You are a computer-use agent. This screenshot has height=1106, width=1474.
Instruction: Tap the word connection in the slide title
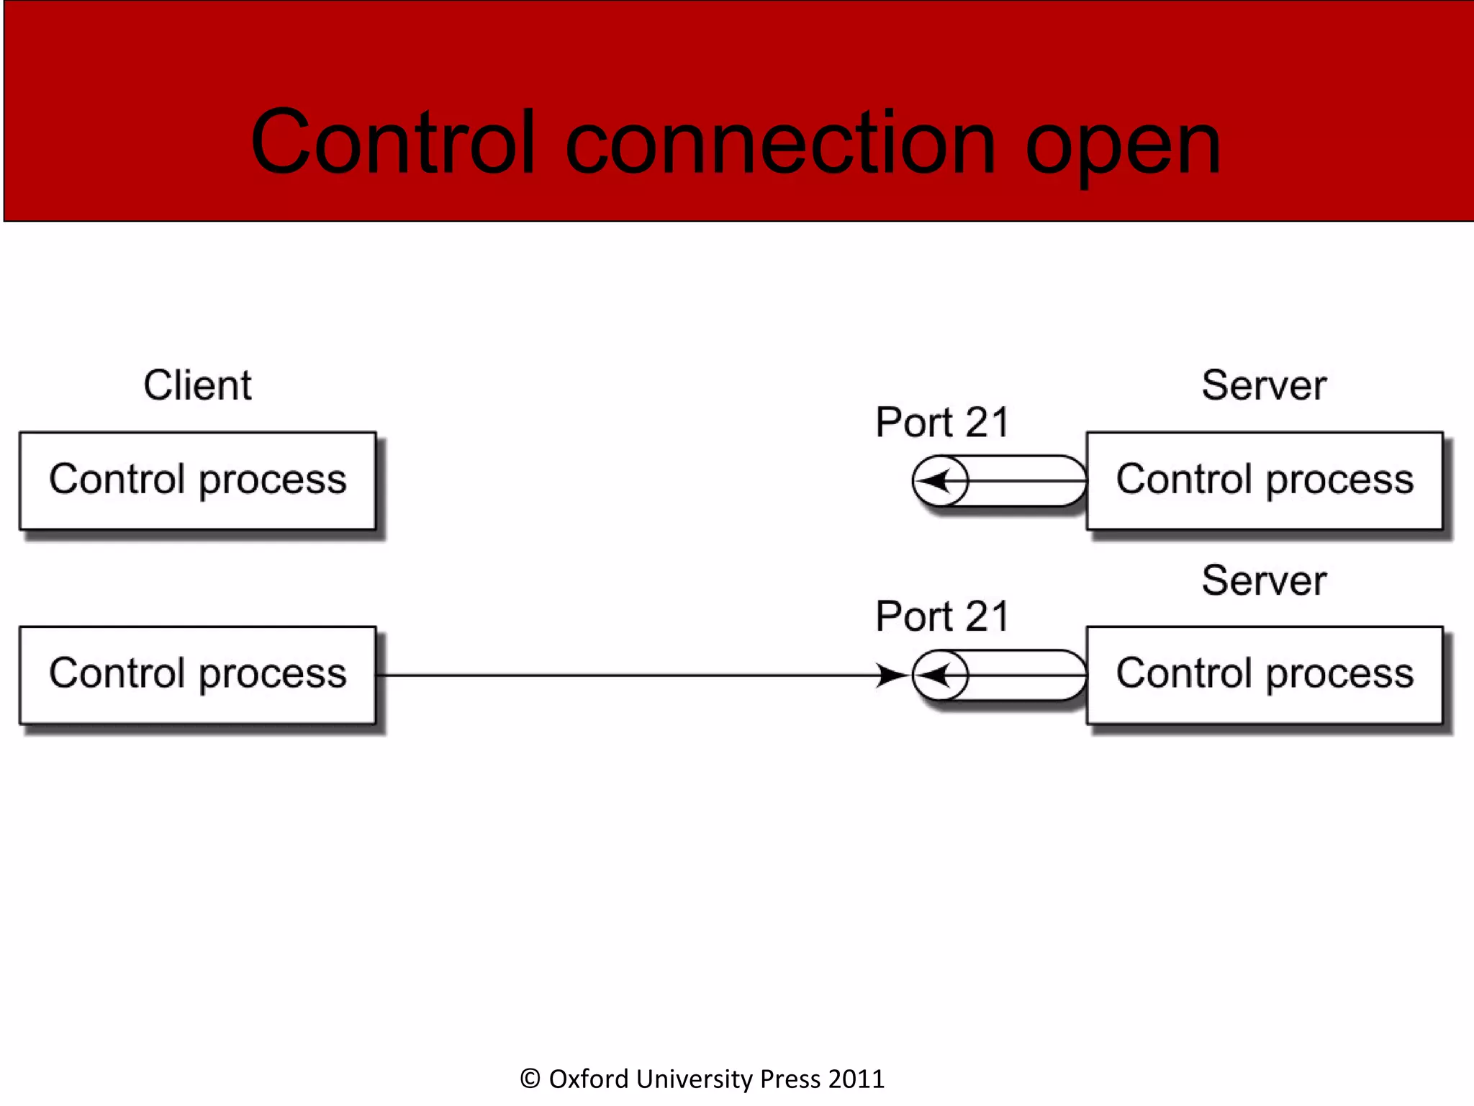click(780, 144)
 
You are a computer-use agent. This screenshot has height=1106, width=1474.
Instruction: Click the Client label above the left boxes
click(197, 385)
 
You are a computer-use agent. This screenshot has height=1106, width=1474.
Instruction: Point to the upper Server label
click(1264, 385)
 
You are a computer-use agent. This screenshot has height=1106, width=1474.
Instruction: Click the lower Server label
click(1264, 580)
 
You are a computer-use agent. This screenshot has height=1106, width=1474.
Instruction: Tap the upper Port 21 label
click(942, 422)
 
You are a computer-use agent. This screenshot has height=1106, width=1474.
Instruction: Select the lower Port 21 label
click(942, 616)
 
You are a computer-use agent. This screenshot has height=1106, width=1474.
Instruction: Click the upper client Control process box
click(197, 480)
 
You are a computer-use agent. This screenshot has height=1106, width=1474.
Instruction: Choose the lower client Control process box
click(197, 675)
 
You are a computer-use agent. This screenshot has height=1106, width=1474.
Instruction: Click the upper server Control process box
click(1264, 480)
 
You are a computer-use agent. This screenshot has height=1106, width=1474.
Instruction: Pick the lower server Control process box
click(1264, 675)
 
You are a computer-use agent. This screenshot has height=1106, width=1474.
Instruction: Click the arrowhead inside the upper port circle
click(936, 480)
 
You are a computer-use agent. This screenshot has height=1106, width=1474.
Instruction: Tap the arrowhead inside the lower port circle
click(936, 675)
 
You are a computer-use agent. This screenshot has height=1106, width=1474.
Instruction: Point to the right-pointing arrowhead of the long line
click(892, 675)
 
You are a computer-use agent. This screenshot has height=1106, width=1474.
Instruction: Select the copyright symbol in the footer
click(530, 1079)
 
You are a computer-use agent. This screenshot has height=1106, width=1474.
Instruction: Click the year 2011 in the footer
click(856, 1079)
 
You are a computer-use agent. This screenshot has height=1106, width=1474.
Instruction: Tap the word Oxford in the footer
click(588, 1079)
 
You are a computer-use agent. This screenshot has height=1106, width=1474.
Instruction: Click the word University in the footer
click(694, 1079)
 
